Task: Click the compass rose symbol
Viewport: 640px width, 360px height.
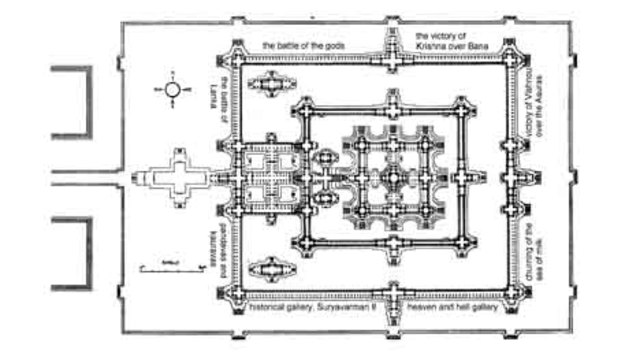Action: click(173, 90)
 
